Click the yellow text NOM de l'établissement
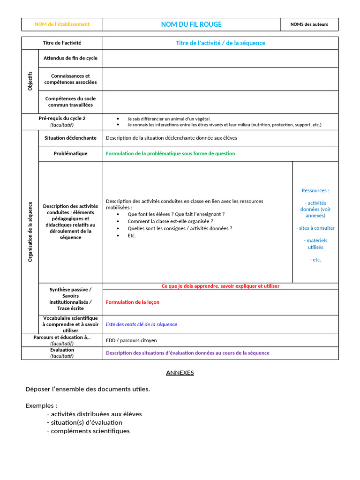[62, 24]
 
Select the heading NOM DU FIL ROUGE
[191, 24]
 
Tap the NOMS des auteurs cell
[309, 24]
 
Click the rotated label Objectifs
[30, 81]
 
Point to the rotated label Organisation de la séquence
[30, 232]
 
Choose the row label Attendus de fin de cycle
[70, 58]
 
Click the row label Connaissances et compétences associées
[70, 79]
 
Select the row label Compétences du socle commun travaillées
[70, 102]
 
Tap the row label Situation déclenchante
[70, 138]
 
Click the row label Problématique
[70, 154]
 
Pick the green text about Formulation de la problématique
[171, 154]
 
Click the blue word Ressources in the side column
[315, 191]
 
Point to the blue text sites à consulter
[315, 228]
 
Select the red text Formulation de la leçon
[133, 302]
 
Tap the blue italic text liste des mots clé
[142, 324]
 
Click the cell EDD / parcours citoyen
[131, 340]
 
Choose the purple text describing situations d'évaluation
[187, 353]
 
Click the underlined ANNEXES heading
[180, 373]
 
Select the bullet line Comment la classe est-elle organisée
[170, 221]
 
